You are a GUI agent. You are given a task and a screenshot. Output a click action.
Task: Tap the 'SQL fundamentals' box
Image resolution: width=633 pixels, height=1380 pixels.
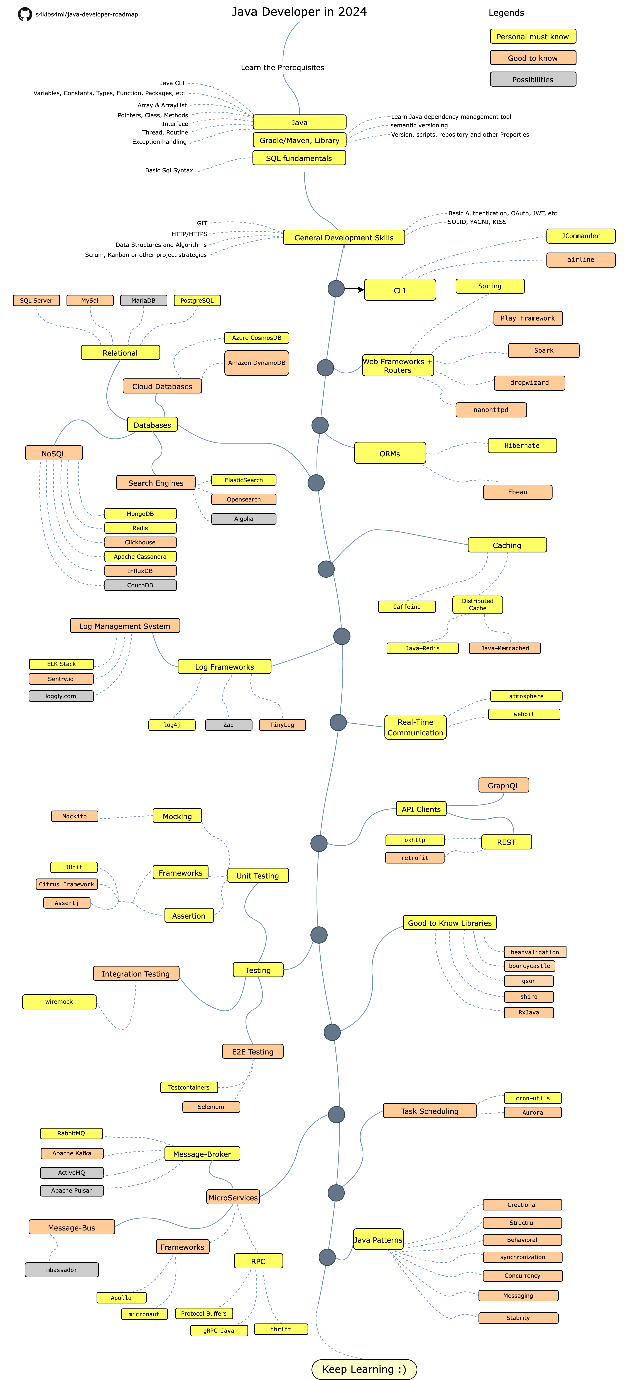pyautogui.click(x=299, y=158)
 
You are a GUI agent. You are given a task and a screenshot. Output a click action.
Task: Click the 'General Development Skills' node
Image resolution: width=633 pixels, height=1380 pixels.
pyautogui.click(x=344, y=237)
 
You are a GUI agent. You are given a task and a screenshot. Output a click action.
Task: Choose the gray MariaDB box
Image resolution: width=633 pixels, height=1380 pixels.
pyautogui.click(x=144, y=300)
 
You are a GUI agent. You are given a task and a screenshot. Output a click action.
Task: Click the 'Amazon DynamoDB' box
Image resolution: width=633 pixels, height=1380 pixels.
pyautogui.click(x=257, y=363)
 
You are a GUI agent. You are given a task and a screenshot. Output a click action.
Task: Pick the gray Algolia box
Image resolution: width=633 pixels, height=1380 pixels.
pyautogui.click(x=244, y=518)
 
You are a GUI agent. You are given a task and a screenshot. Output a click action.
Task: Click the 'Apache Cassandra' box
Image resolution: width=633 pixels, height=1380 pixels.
pyautogui.click(x=140, y=557)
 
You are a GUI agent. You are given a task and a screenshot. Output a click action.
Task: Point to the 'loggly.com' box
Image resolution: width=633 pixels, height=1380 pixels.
pyautogui.click(x=61, y=696)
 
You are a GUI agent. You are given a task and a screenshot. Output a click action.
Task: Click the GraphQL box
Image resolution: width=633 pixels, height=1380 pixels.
pyautogui.click(x=503, y=785)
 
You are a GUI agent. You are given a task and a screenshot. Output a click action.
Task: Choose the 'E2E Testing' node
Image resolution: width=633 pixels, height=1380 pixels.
pyautogui.click(x=253, y=1052)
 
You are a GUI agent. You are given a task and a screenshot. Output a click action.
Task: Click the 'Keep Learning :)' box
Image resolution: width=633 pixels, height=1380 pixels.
pyautogui.click(x=364, y=1369)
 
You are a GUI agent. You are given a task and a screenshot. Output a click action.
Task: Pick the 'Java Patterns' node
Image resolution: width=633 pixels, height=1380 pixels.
pyautogui.click(x=378, y=1240)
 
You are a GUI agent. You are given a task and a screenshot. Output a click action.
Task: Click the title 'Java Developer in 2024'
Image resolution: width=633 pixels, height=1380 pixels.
pyautogui.click(x=299, y=12)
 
